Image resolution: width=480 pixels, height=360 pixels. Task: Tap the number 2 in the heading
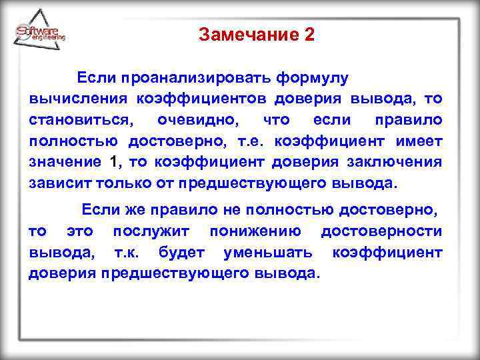click(308, 35)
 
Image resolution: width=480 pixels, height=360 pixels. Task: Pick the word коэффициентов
click(202, 99)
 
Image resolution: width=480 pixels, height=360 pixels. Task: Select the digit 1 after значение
click(113, 161)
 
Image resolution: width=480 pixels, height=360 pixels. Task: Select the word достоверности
click(381, 231)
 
